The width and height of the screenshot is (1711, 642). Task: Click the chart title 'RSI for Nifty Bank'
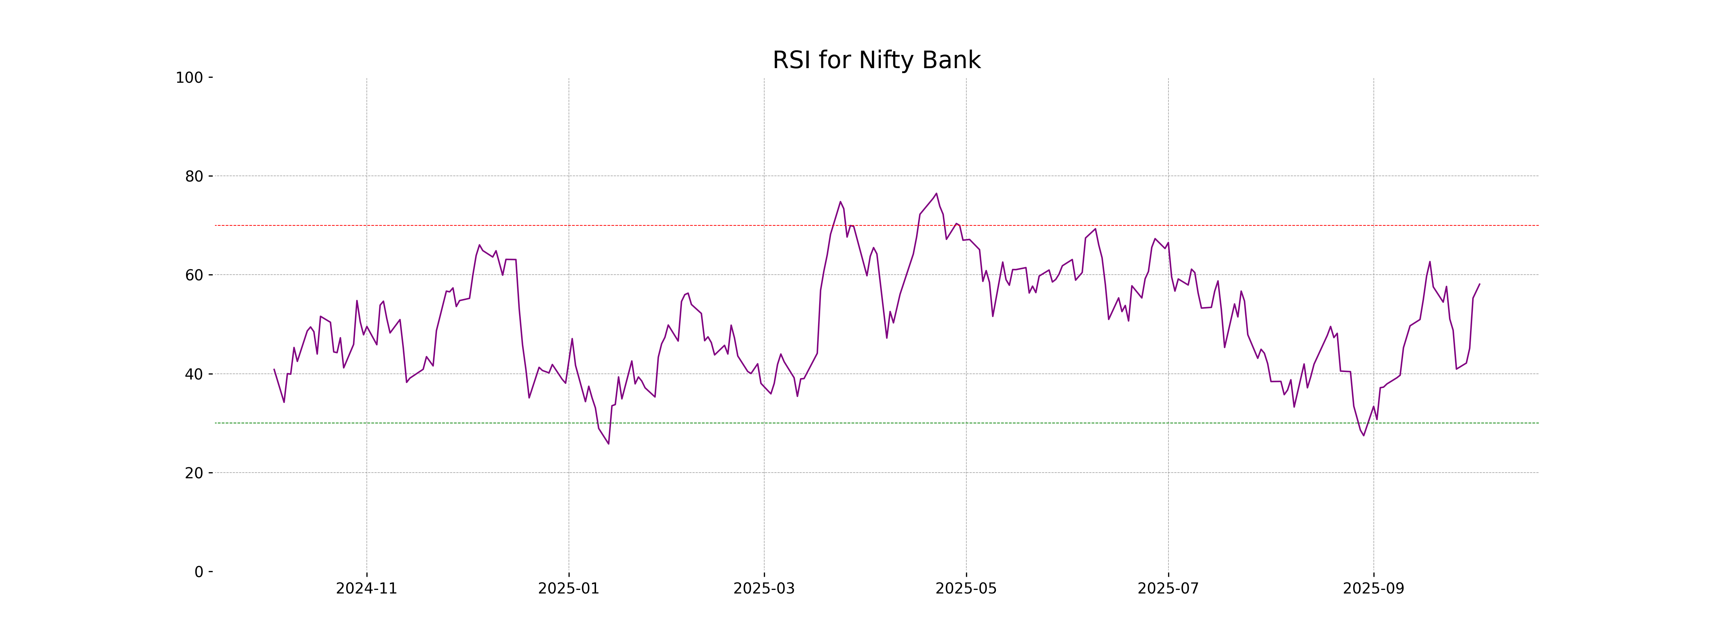(876, 61)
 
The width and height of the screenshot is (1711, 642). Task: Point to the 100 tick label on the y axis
(189, 78)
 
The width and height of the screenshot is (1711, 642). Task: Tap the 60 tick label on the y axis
(194, 275)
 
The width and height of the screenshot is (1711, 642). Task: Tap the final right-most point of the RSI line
(1479, 284)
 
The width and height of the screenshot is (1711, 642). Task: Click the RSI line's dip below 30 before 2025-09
(1363, 435)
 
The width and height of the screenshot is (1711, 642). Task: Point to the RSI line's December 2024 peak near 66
(479, 245)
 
